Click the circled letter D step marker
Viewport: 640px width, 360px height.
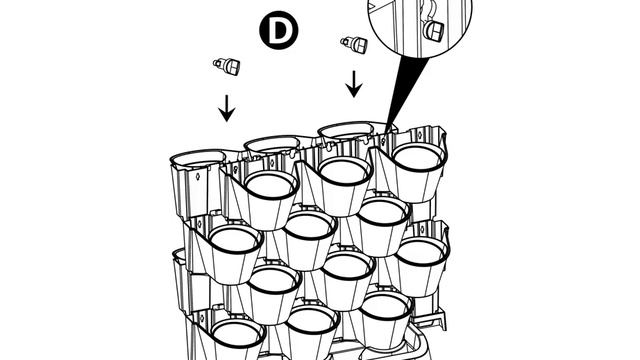279,30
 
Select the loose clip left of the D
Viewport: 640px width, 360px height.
227,66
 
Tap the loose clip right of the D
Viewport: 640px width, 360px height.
354,44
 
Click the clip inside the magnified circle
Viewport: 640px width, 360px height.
433,28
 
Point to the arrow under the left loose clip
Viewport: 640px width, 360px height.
227,109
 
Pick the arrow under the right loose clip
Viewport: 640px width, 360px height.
354,84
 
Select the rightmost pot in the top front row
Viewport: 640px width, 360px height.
417,171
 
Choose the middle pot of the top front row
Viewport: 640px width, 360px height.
342,184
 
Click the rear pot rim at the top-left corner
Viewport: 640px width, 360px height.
198,158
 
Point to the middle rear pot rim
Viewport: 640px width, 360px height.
273,144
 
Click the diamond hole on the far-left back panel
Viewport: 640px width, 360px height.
198,176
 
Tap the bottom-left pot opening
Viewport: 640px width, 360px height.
238,332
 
